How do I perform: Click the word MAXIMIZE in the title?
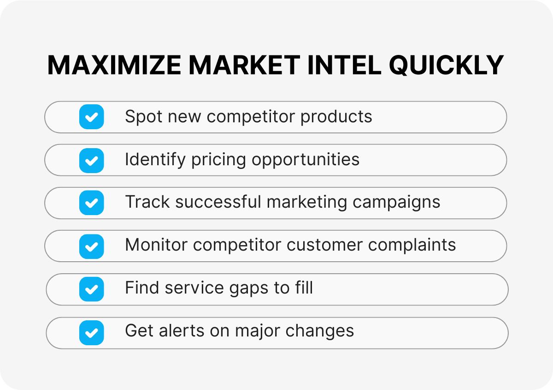[114, 66]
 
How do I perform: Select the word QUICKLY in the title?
[447, 66]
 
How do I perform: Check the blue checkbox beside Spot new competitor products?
[91, 117]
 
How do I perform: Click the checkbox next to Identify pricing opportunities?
[91, 160]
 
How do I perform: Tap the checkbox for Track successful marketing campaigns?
[91, 203]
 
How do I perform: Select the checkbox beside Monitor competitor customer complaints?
[91, 246]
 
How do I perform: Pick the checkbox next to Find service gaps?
[91, 289]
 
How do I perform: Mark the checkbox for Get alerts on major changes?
[91, 333]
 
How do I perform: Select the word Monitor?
[156, 245]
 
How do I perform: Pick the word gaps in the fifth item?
[245, 289]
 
